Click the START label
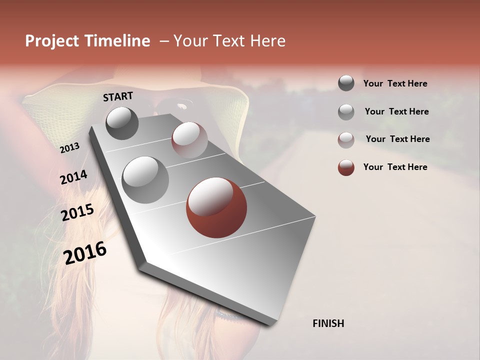click(x=118, y=96)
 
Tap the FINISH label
click(x=328, y=323)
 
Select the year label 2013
click(x=69, y=148)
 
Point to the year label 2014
click(x=73, y=177)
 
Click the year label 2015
click(x=77, y=212)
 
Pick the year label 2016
click(x=85, y=252)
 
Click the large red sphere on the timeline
click(x=216, y=207)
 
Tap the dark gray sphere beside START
click(x=122, y=123)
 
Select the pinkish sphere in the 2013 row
click(x=189, y=140)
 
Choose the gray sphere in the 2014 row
click(x=145, y=180)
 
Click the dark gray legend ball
click(x=346, y=83)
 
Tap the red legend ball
click(x=346, y=167)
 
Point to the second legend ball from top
click(x=346, y=112)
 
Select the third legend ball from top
click(x=346, y=140)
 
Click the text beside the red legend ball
click(x=395, y=167)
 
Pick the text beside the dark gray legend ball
click(x=395, y=83)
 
